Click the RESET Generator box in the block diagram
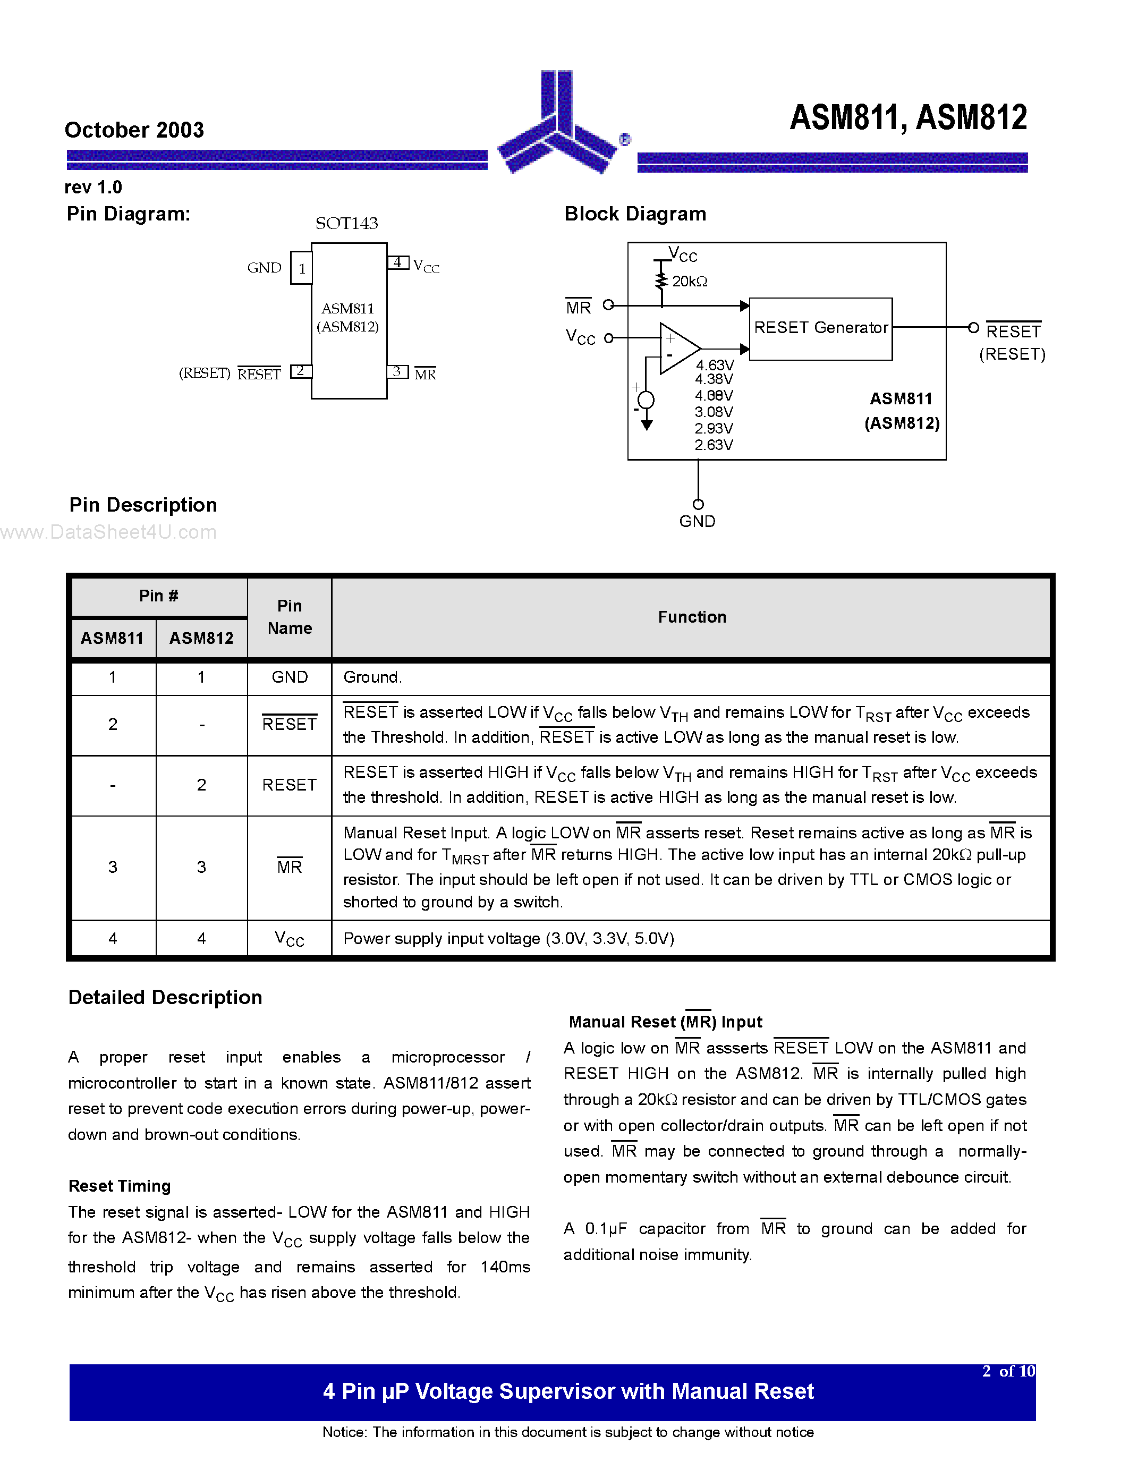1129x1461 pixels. [x=821, y=328]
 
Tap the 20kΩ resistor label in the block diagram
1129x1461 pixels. [x=690, y=282]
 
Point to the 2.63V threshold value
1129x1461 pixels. [x=714, y=445]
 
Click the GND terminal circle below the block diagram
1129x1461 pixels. [x=698, y=504]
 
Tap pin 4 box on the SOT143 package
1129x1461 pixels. [x=398, y=262]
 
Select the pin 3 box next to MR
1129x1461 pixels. [x=397, y=371]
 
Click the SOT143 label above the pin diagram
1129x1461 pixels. [x=346, y=224]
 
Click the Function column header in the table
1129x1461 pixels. [x=692, y=617]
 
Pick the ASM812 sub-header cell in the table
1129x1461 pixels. [x=201, y=638]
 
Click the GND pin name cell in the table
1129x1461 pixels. [x=290, y=677]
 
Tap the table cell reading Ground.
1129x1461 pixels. [x=372, y=677]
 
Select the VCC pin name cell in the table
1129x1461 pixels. [x=290, y=939]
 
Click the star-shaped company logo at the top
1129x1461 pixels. [x=557, y=127]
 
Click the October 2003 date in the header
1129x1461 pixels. [x=134, y=130]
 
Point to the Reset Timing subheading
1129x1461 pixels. [x=120, y=1186]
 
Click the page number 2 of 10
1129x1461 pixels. [x=1008, y=1371]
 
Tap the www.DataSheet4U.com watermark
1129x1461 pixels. [x=108, y=532]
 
